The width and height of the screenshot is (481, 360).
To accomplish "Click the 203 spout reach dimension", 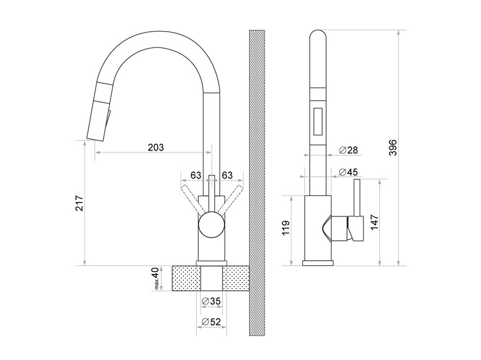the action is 156,147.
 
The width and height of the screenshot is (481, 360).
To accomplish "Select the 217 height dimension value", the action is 79,203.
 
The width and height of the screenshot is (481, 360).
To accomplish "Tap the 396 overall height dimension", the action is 393,147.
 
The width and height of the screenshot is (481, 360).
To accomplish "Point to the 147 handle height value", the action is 374,223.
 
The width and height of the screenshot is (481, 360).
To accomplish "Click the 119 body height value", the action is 285,228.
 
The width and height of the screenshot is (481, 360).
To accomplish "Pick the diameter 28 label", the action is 348,150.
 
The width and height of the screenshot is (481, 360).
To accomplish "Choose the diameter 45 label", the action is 348,172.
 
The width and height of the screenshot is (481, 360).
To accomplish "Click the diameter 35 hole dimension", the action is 211,301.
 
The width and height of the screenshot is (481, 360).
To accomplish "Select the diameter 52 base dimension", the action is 211,322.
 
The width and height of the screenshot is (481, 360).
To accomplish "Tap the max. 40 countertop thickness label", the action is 156,278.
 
